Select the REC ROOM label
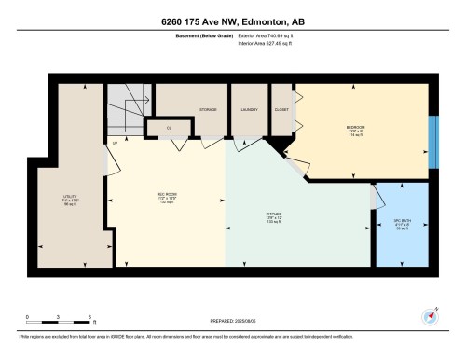[167, 195]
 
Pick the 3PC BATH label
[401, 222]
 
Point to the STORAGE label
[209, 110]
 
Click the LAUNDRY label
[248, 110]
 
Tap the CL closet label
[169, 128]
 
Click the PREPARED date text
[235, 317]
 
